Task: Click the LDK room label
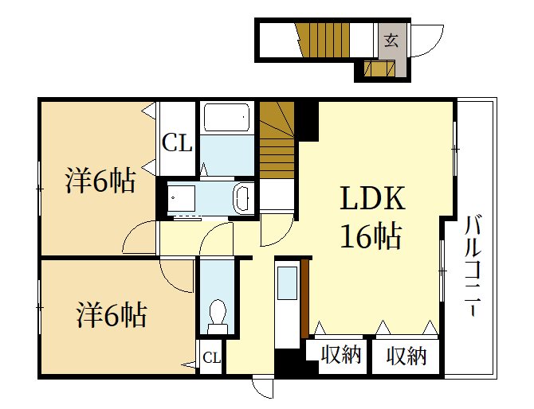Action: click(372, 198)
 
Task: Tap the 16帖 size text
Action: click(371, 236)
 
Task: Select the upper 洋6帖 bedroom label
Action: click(100, 180)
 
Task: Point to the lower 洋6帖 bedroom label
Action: click(112, 315)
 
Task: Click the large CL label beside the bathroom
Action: click(177, 142)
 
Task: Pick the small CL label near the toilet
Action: click(211, 357)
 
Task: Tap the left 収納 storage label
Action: click(340, 355)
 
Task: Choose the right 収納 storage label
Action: click(406, 356)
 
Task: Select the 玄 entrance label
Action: click(391, 41)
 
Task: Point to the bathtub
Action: click(227, 117)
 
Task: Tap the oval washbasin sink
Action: click(242, 198)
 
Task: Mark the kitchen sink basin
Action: click(287, 282)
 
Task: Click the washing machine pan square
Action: click(181, 199)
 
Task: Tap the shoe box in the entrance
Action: click(379, 68)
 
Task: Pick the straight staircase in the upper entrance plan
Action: click(323, 40)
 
